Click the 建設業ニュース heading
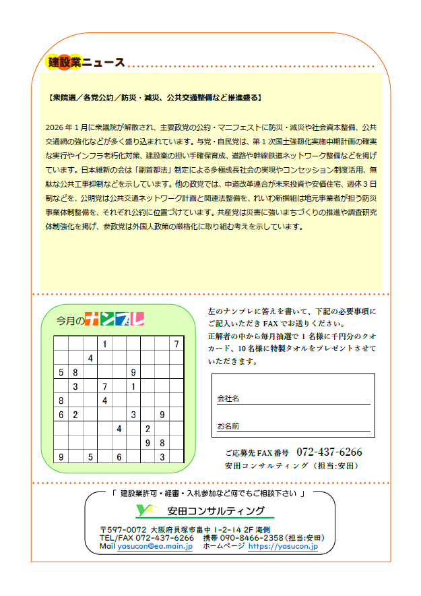point(87,63)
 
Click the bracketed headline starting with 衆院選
point(156,98)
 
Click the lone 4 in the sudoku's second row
point(90,358)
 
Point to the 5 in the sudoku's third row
point(61,371)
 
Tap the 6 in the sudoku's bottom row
point(119,457)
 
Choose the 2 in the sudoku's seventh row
point(148,429)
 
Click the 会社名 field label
point(228,398)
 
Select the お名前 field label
point(228,426)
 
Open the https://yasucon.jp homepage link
point(283,547)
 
